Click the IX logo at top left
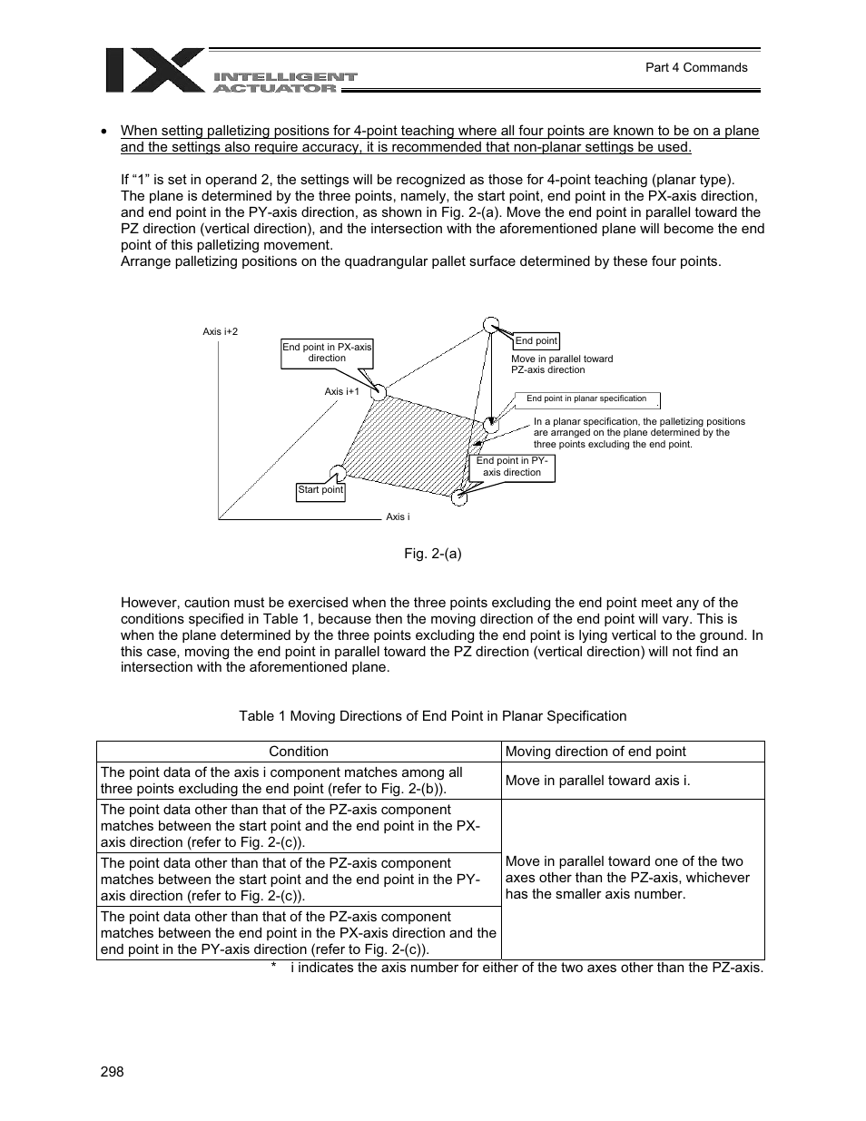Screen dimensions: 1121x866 pyautogui.click(x=154, y=70)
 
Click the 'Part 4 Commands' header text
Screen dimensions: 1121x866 pyautogui.click(x=695, y=67)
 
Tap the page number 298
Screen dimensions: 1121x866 pyautogui.click(x=111, y=1072)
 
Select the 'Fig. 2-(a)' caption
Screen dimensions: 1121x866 pyautogui.click(x=433, y=553)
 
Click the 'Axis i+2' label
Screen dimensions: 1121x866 pyautogui.click(x=220, y=332)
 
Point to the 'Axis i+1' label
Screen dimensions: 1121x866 pyautogui.click(x=342, y=391)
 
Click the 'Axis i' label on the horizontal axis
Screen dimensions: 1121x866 pyautogui.click(x=398, y=516)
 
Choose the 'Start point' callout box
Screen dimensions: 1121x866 pyautogui.click(x=320, y=491)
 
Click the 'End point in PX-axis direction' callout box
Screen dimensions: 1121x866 pyautogui.click(x=327, y=353)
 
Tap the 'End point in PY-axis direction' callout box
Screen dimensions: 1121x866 pyautogui.click(x=511, y=467)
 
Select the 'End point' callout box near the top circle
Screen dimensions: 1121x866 pyautogui.click(x=536, y=341)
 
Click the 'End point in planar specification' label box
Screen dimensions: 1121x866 pyautogui.click(x=586, y=398)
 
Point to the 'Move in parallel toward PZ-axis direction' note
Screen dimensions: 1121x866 pyautogui.click(x=562, y=364)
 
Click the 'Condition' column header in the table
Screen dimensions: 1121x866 pyautogui.click(x=299, y=752)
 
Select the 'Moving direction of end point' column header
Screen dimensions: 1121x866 pyautogui.click(x=595, y=752)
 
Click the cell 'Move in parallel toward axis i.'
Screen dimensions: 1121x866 pyautogui.click(x=597, y=781)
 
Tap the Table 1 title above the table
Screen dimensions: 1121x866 pyautogui.click(x=432, y=716)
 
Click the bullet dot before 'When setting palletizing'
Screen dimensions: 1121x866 pyautogui.click(x=104, y=132)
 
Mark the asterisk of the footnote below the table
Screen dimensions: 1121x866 pyautogui.click(x=273, y=968)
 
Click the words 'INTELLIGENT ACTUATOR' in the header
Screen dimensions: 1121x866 pyautogui.click(x=284, y=83)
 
